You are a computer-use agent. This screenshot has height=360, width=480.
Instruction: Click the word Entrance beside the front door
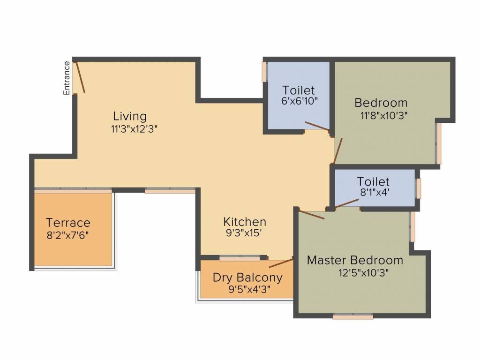[x=67, y=78]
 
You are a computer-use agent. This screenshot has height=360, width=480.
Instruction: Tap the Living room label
[x=130, y=116]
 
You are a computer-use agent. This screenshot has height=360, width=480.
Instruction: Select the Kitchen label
[x=245, y=221]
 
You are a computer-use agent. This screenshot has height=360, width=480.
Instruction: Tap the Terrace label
[x=68, y=222]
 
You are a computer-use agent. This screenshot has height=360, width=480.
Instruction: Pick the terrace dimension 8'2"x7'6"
[x=68, y=234]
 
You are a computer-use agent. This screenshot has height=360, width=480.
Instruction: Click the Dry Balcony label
[x=247, y=277]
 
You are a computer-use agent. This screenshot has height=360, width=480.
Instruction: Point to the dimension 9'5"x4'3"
[x=249, y=289]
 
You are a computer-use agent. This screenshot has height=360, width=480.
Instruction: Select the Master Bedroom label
[x=355, y=260]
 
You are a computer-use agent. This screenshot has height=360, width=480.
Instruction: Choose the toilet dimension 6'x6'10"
[x=299, y=101]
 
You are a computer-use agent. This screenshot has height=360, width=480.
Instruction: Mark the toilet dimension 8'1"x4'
[x=373, y=192]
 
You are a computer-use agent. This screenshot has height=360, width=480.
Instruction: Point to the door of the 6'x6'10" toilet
[x=317, y=125]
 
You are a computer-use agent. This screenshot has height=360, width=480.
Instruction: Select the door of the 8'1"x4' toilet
[x=347, y=203]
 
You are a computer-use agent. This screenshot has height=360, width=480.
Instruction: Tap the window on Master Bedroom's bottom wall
[x=353, y=316]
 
